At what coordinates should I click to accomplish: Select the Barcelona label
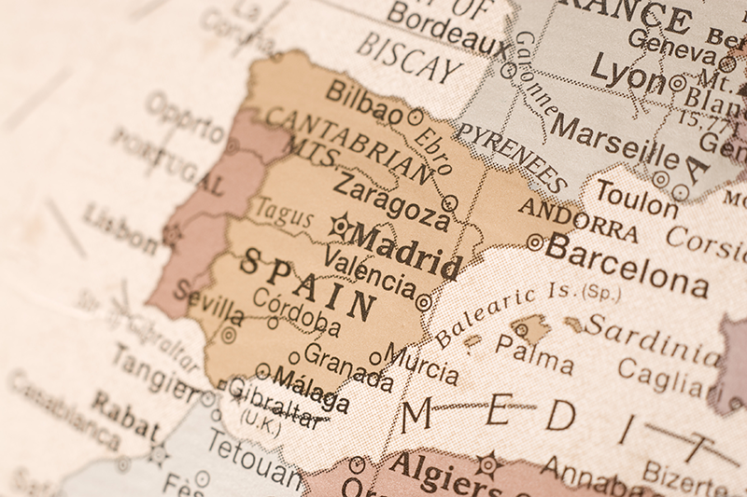tap(627, 264)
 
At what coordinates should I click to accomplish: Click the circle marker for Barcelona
tap(534, 242)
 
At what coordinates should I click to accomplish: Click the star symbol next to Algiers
tap(487, 463)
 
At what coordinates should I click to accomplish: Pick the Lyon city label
tap(627, 73)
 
